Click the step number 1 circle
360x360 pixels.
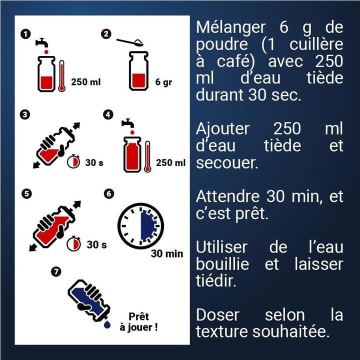25,34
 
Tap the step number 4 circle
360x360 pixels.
108,114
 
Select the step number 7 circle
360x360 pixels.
56,272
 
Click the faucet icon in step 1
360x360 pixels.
41,43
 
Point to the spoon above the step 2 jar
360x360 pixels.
130,42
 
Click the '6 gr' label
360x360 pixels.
163,82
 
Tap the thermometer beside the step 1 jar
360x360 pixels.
61,76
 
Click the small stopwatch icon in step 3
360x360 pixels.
73,161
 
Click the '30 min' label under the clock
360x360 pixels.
167,253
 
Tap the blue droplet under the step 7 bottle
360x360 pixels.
107,324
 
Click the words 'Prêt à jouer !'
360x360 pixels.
138,322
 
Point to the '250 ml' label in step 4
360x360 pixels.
170,163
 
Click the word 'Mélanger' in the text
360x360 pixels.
230,27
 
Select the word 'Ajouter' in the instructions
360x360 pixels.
222,128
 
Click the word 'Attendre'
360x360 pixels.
227,196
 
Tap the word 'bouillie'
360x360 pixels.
222,264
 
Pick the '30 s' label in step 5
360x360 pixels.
96,244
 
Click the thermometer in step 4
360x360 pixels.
147,156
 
